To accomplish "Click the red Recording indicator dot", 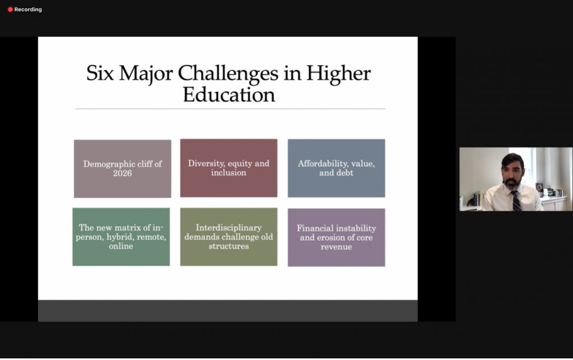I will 10,10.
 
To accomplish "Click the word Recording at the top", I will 28,10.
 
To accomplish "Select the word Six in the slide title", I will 101,73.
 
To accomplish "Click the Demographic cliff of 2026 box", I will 123,169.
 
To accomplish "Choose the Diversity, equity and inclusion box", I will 228,168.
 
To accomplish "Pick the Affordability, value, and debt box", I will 336,168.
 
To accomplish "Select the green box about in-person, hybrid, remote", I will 121,236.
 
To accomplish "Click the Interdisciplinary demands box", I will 228,236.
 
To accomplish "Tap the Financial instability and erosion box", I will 336,237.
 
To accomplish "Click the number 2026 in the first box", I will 123,173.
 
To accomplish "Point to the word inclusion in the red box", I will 228,172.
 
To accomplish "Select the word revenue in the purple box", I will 336,246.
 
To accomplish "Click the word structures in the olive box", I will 228,246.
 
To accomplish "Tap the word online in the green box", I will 121,246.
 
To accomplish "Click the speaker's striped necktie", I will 515,200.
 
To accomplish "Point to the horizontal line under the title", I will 230,109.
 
